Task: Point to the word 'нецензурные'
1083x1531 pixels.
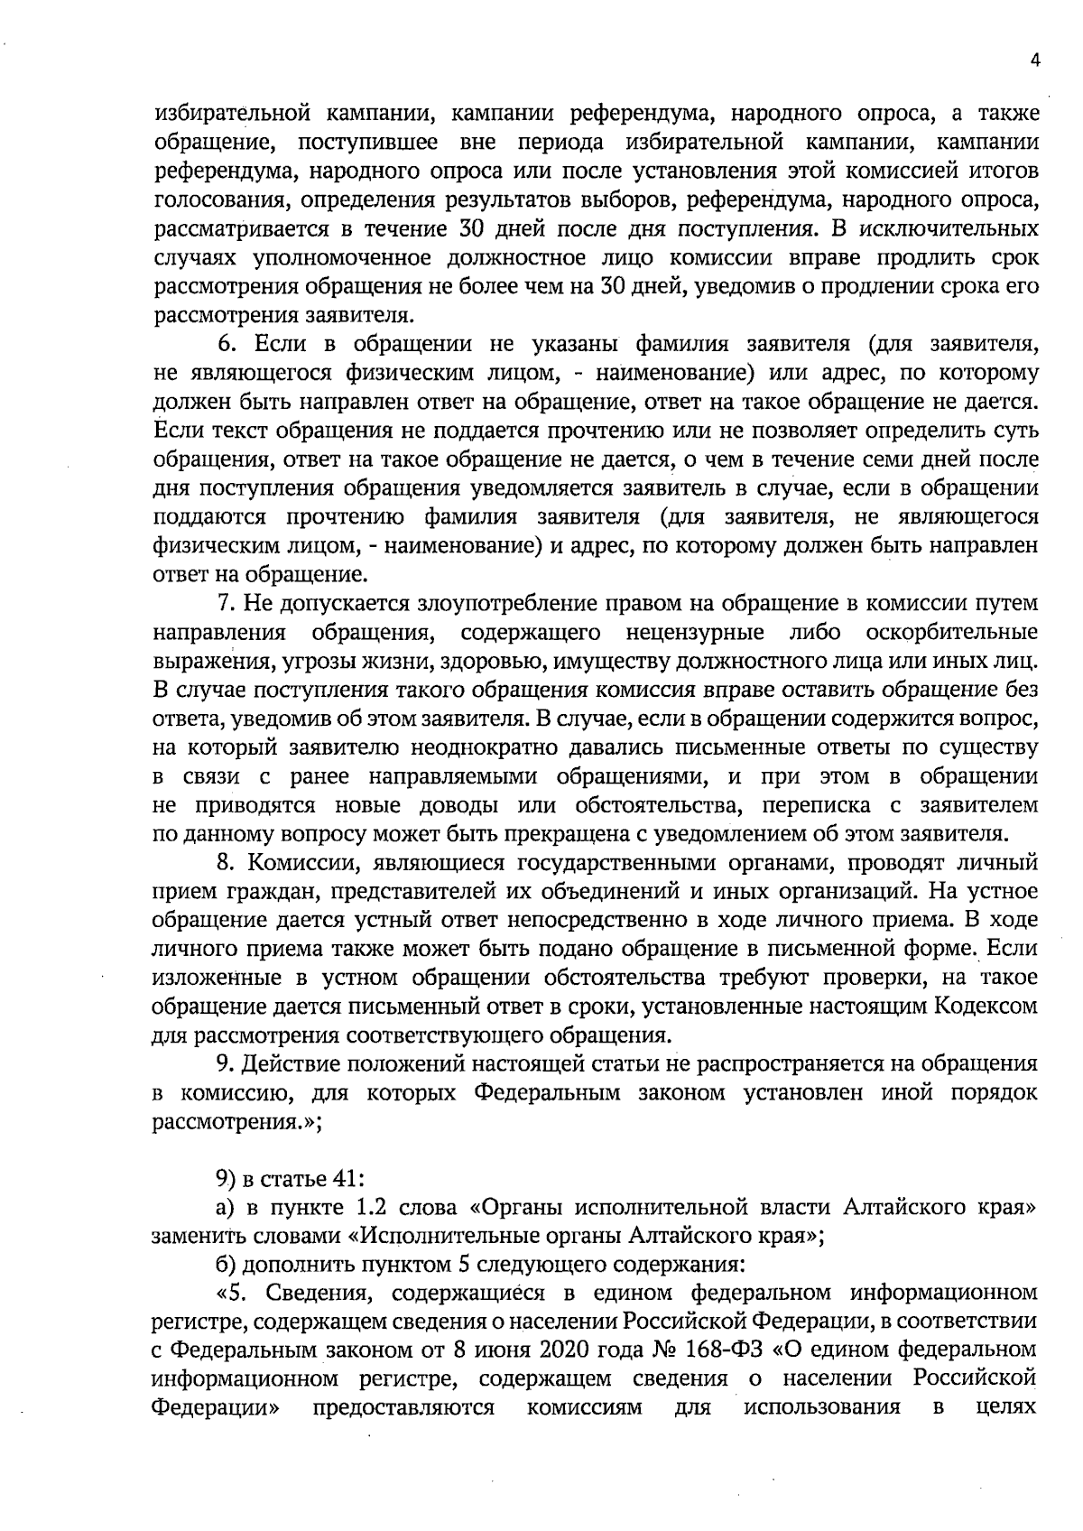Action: point(704,631)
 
